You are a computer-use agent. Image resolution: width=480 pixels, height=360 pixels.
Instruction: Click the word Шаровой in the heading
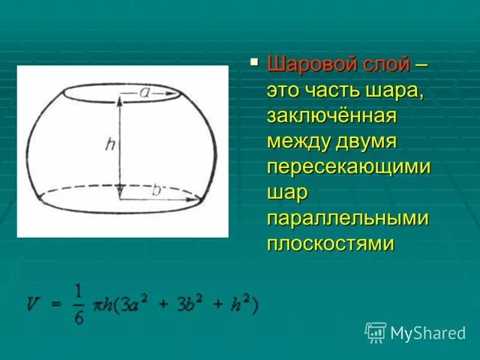click(309, 63)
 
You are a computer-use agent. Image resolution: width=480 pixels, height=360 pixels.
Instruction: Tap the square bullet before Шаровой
click(254, 61)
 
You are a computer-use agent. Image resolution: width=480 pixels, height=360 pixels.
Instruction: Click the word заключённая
click(332, 116)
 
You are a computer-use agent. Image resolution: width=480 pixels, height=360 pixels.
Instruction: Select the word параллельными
click(347, 218)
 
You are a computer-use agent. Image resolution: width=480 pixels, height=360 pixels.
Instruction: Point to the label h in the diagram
click(109, 144)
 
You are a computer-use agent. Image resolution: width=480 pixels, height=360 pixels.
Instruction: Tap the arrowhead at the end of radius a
click(178, 94)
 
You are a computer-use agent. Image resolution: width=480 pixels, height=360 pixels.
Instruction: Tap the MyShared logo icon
click(376, 332)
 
